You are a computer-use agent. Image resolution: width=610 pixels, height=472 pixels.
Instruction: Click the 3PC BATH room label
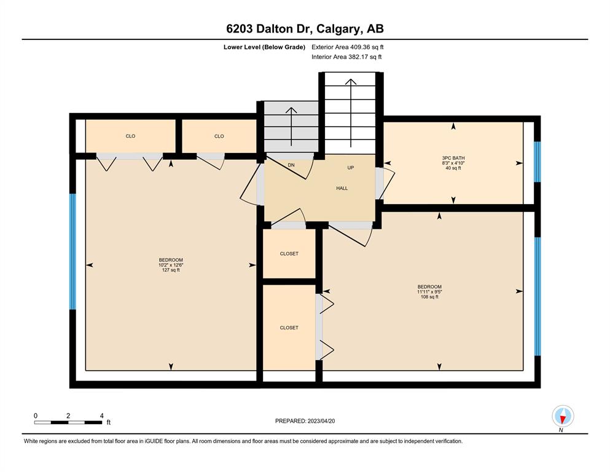453,158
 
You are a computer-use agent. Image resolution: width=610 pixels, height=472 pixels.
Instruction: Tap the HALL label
342,188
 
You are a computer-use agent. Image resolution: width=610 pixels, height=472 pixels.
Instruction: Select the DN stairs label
291,165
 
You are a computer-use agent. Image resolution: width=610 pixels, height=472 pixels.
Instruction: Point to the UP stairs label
351,168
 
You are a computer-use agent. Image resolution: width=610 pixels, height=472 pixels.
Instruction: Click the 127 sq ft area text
171,270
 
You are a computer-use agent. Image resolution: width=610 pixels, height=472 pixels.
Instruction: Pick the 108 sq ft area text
429,297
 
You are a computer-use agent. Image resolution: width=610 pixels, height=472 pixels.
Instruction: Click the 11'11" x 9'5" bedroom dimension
429,292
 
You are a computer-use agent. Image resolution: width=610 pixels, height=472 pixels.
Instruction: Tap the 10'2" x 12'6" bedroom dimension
171,265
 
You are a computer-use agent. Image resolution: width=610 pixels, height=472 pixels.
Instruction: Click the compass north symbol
563,416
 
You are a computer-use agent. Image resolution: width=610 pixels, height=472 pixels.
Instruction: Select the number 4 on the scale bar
102,415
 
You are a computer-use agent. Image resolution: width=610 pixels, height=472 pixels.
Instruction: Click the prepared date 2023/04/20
321,421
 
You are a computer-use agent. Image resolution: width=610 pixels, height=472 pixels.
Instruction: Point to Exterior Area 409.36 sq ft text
348,47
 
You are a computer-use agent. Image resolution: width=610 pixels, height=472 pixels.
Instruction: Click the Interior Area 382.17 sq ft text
346,57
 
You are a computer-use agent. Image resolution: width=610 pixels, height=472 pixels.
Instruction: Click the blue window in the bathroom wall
538,162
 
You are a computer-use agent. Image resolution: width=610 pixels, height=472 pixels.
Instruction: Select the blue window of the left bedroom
72,251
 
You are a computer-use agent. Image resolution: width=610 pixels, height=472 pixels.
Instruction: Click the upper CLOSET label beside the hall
289,254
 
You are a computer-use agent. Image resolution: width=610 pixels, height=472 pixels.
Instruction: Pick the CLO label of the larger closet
130,136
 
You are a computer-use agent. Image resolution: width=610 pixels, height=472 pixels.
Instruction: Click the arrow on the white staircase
351,113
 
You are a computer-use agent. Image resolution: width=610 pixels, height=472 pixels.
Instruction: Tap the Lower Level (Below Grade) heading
264,47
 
